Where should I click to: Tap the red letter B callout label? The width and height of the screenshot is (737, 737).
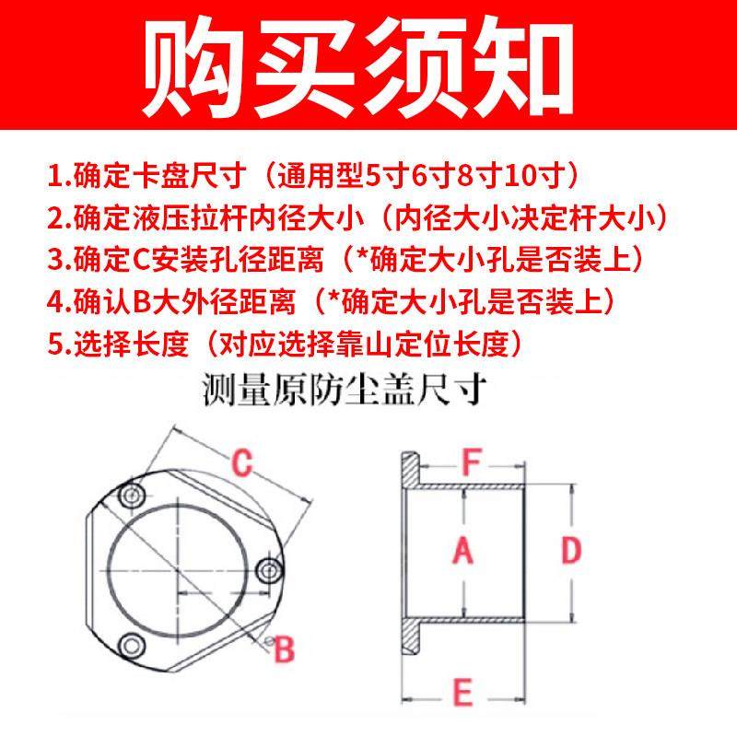click(x=286, y=649)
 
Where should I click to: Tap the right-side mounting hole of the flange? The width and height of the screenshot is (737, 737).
click(x=268, y=569)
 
